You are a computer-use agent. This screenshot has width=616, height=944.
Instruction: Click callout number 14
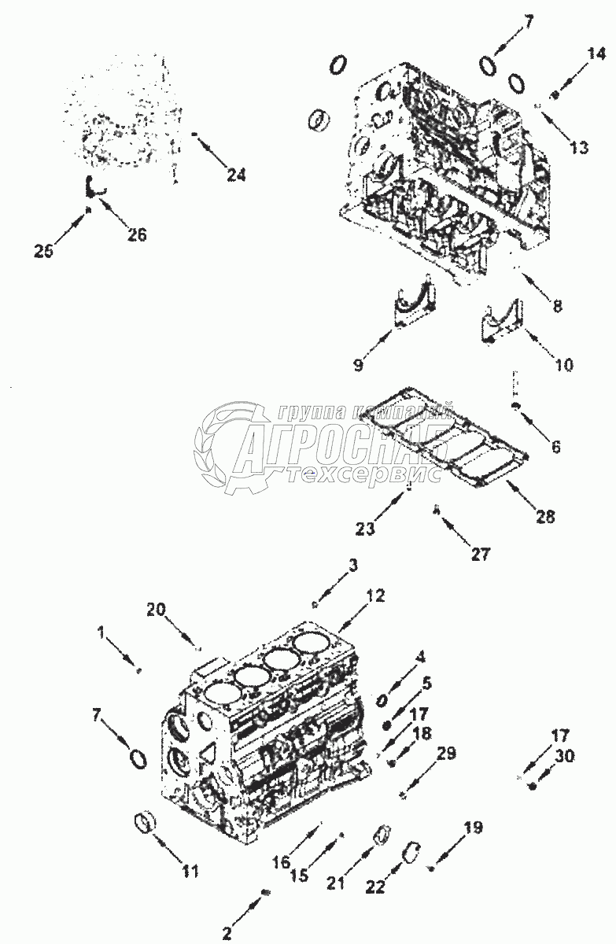[x=596, y=54]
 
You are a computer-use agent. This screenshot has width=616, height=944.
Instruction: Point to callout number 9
[x=359, y=363]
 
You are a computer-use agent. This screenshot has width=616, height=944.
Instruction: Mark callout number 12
[x=375, y=596]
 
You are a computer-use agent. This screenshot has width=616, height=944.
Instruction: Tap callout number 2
[x=227, y=934]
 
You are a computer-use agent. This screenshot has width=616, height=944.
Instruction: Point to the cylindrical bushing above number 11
[x=143, y=824]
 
